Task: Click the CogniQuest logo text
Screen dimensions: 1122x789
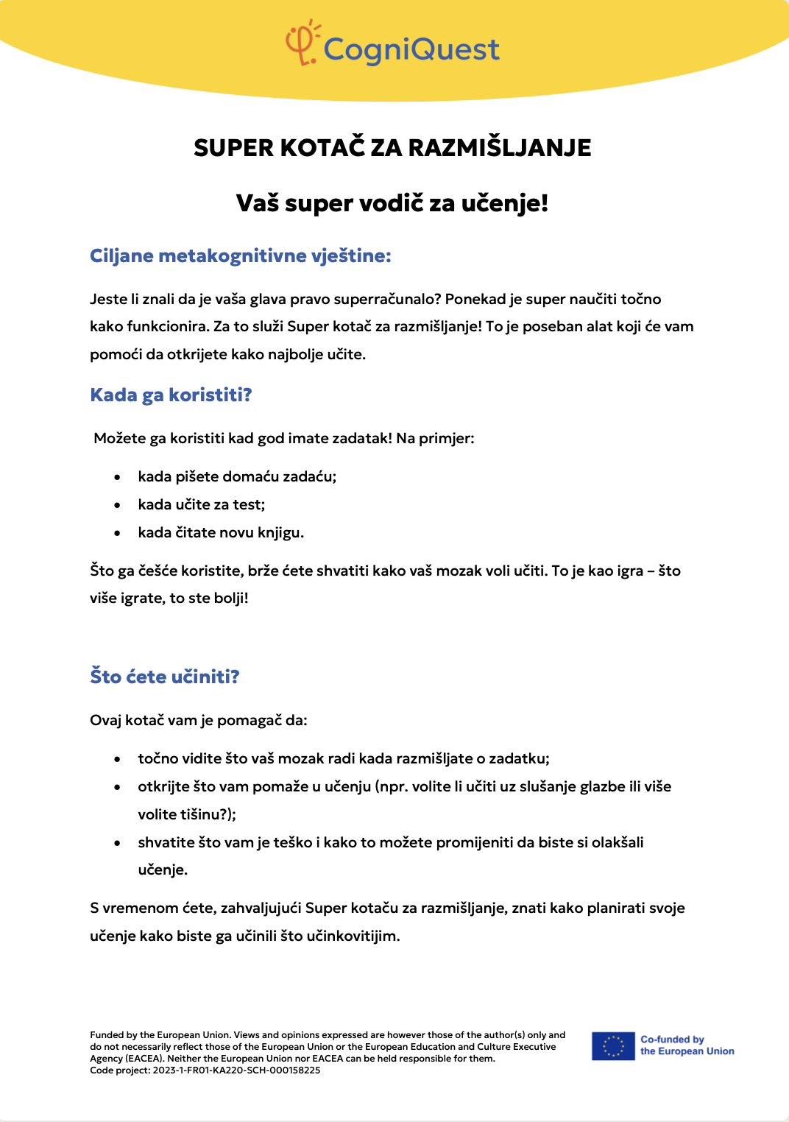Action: (411, 50)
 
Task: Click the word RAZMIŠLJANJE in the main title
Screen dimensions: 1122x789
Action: (500, 148)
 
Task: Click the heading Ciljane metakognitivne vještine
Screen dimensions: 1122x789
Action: (240, 256)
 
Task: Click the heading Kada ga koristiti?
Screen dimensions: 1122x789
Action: (171, 395)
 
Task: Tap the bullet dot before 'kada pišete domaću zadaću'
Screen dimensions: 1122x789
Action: (118, 478)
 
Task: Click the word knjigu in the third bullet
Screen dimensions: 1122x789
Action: (280, 533)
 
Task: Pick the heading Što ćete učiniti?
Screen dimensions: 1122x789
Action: (165, 677)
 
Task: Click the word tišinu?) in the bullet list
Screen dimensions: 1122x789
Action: (207, 815)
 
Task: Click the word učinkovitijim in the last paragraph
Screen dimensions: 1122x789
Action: (353, 936)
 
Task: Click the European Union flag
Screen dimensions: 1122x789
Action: (613, 1046)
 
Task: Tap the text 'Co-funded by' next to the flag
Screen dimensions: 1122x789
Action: (672, 1040)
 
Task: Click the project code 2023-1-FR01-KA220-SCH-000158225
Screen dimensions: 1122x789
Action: (236, 1070)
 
